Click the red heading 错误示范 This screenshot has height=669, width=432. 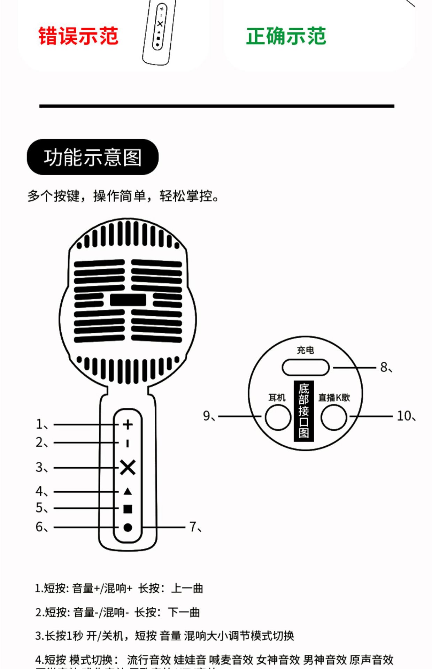pos(78,36)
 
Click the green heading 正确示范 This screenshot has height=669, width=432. pos(286,36)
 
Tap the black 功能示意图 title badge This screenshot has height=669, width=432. pos(93,157)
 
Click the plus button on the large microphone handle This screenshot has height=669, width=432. pos(128,424)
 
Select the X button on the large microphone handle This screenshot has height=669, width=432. pos(128,467)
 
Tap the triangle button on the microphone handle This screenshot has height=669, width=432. pos(128,492)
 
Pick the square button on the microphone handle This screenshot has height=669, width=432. pos(128,509)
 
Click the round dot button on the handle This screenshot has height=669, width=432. pos(128,528)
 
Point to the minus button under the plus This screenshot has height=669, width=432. pos(128,443)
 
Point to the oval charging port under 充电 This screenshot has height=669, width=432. pos(306,368)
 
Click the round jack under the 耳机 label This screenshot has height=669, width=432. pos(278,417)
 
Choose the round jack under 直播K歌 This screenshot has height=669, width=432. pos(334,417)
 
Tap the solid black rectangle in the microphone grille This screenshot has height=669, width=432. pos(128,300)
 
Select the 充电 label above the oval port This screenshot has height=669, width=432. pos(306,350)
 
